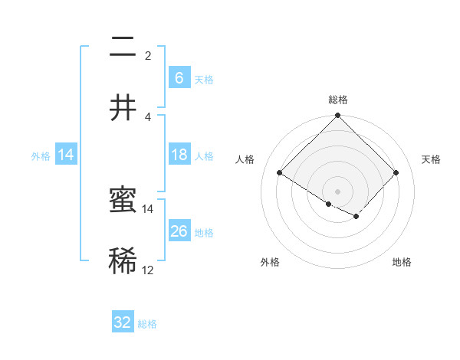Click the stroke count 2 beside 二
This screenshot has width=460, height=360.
point(148,56)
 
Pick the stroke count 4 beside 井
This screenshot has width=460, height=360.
point(148,116)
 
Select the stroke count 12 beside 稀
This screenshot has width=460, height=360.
point(148,270)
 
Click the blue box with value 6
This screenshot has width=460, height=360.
point(179,78)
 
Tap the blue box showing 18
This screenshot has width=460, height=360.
point(179,155)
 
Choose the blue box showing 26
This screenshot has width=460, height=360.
point(179,231)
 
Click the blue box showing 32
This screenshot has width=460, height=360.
point(123,322)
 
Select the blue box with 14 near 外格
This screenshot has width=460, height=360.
point(66,155)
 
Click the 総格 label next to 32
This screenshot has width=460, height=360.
point(147,324)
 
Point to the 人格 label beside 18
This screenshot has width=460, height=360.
point(203,156)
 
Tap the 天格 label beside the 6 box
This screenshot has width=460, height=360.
point(203,80)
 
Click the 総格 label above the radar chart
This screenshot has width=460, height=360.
point(337,100)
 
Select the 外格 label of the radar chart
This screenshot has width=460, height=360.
point(270,262)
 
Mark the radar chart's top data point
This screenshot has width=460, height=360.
point(337,116)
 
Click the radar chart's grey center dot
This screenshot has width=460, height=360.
point(337,191)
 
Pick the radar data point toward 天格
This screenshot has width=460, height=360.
point(396,172)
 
